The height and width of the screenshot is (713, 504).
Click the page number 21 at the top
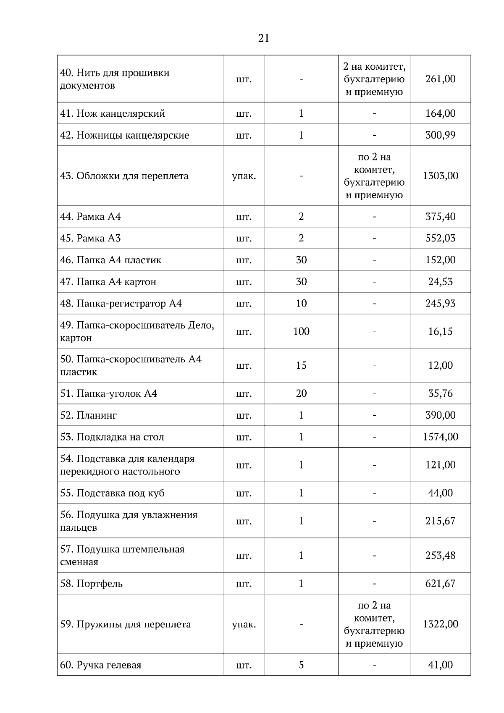pos(264,39)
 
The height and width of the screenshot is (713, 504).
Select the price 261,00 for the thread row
pos(440,79)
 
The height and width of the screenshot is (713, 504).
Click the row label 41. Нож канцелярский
pos(113,113)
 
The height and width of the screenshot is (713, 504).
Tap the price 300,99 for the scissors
pos(440,135)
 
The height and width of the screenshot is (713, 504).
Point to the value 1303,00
pos(440,176)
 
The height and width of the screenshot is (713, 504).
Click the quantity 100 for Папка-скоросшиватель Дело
pos(301,331)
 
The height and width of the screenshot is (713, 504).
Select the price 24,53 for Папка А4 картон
pos(440,282)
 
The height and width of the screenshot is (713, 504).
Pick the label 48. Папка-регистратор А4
pos(121,304)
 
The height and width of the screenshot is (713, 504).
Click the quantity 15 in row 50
pos(301,365)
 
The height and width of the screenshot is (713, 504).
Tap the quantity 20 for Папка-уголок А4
pos(301,393)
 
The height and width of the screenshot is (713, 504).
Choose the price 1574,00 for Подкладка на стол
pos(440,437)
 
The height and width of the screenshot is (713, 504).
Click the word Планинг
pos(97,415)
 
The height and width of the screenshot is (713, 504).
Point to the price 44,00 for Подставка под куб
pos(440,493)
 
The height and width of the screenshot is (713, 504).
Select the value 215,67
pos(440,521)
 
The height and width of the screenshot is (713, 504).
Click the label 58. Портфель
pos(92,584)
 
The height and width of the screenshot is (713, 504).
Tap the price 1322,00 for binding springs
pos(440,624)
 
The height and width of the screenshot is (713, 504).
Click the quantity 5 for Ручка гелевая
pos(301,665)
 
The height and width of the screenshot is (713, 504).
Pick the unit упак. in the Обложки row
pos(244,176)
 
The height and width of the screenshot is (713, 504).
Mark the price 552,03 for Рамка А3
pos(440,238)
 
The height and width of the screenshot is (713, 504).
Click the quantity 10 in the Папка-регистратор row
pos(301,303)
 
